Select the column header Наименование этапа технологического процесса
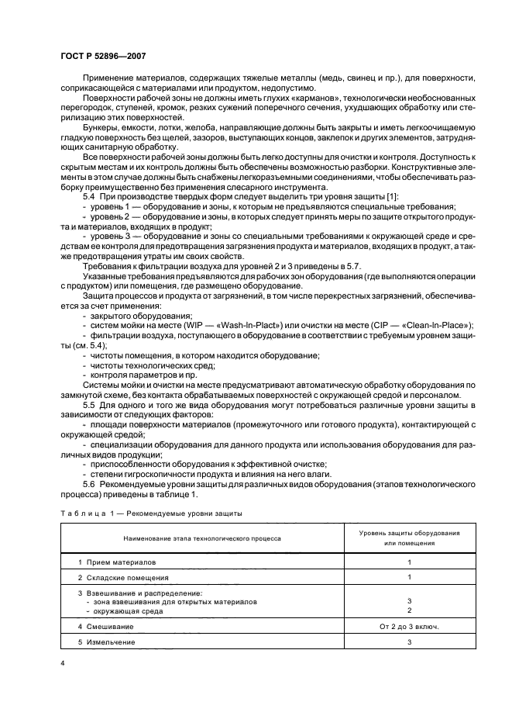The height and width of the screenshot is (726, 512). (201, 538)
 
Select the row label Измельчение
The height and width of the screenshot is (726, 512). (112, 642)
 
